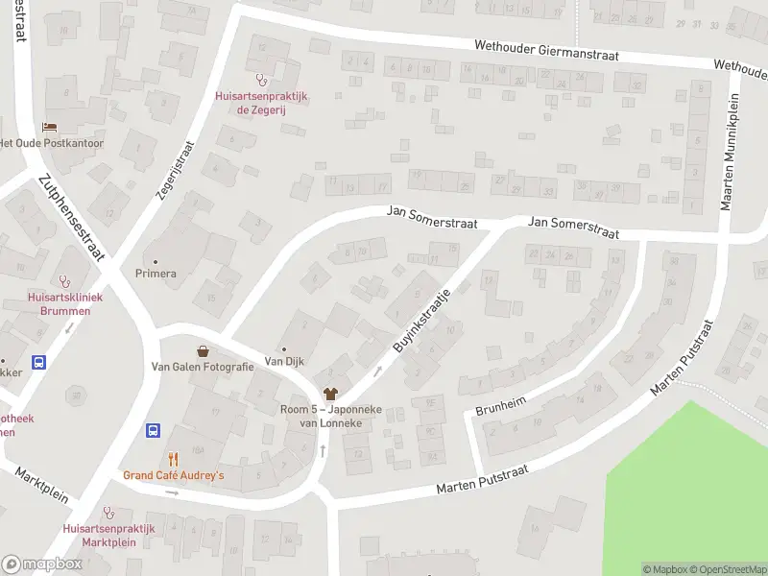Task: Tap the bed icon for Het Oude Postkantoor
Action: pyautogui.click(x=50, y=128)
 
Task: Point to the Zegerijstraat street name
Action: pyautogui.click(x=175, y=170)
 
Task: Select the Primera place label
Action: pyautogui.click(x=156, y=274)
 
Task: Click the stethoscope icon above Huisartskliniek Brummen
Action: pyautogui.click(x=64, y=281)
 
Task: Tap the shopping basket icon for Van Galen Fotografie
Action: pyautogui.click(x=203, y=351)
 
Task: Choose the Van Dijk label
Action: pyautogui.click(x=284, y=362)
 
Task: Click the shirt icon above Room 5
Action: pyautogui.click(x=331, y=393)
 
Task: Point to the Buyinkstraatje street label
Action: pyautogui.click(x=422, y=320)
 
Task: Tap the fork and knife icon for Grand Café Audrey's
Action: pyautogui.click(x=173, y=460)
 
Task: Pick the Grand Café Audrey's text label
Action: pyautogui.click(x=173, y=476)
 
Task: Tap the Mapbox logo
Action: pyautogui.click(x=42, y=564)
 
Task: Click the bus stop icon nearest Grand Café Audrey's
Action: pyautogui.click(x=153, y=430)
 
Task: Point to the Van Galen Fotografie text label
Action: pyautogui.click(x=203, y=367)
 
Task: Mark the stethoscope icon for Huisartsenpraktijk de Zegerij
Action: pyautogui.click(x=259, y=81)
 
